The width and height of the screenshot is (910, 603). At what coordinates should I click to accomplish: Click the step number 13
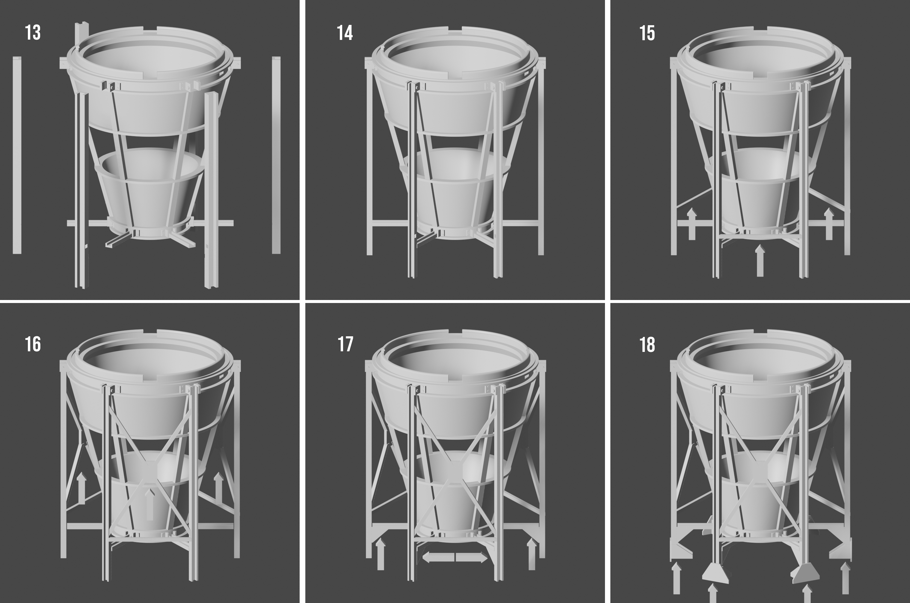(x=33, y=33)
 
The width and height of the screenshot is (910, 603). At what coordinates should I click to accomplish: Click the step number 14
(x=345, y=33)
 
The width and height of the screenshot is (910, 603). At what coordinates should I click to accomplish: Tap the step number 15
(x=647, y=33)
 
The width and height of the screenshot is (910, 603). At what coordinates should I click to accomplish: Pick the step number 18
(x=647, y=345)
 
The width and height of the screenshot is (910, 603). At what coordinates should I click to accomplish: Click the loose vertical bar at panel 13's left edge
(x=17, y=155)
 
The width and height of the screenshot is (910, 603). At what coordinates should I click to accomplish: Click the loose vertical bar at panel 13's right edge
(x=276, y=155)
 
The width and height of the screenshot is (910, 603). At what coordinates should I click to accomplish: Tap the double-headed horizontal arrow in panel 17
(x=455, y=557)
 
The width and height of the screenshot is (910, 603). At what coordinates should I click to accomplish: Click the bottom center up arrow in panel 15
(x=759, y=261)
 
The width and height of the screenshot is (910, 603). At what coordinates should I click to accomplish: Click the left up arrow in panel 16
(x=82, y=488)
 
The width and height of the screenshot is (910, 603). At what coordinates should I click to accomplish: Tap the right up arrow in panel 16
(x=218, y=488)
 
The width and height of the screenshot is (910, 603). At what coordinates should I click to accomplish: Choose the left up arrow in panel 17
(x=380, y=554)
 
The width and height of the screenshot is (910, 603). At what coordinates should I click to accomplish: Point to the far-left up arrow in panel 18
(x=677, y=577)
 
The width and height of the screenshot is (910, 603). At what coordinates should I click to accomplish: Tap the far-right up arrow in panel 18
(x=846, y=577)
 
